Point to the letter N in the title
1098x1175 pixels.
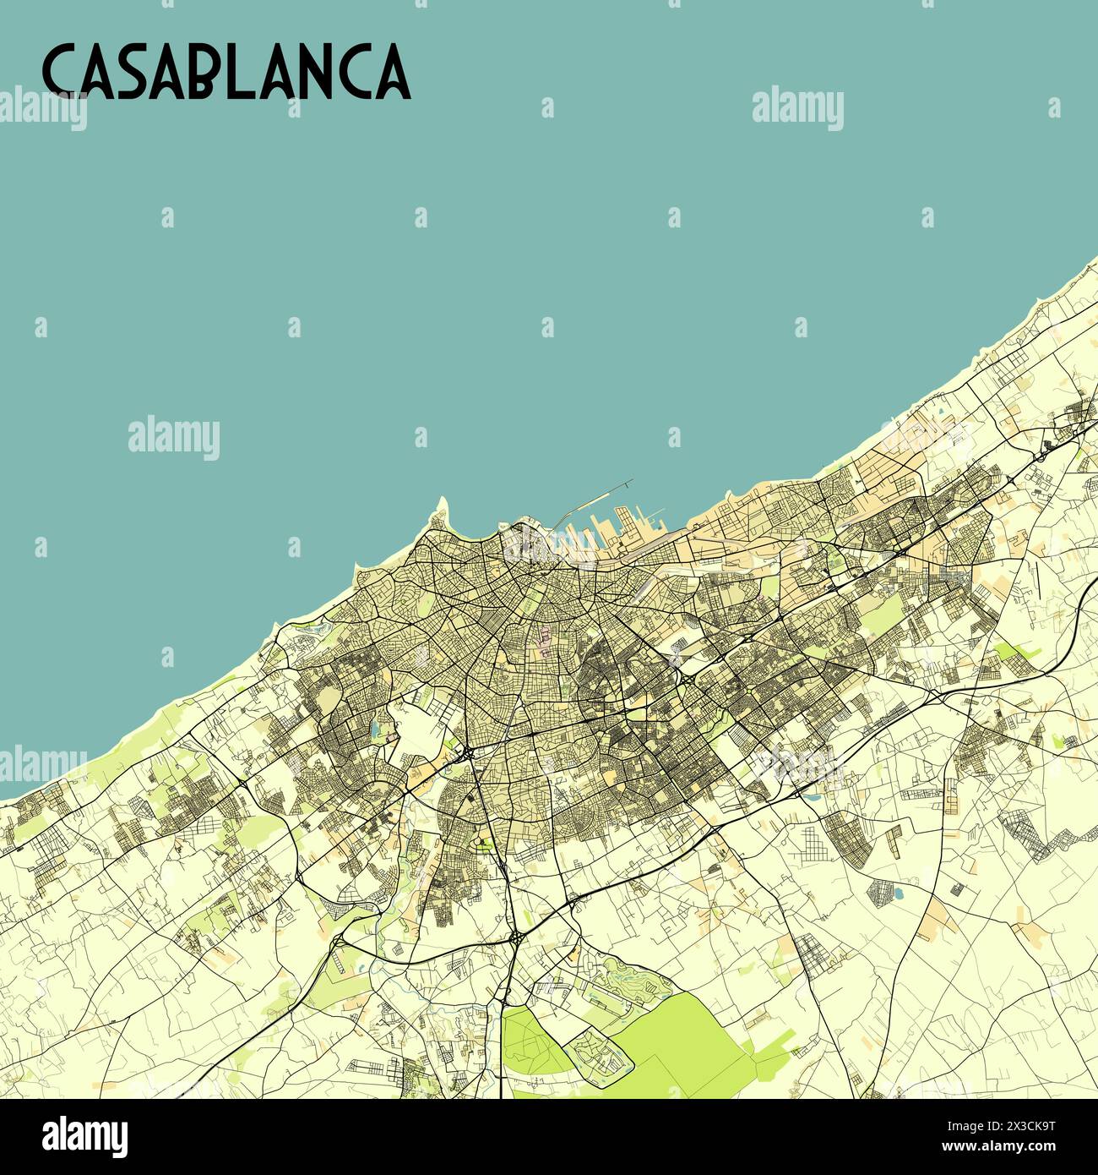pos(332,72)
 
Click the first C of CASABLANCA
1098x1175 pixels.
pos(60,72)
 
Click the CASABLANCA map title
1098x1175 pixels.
pos(226,72)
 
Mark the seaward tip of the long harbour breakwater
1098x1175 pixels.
pos(630,482)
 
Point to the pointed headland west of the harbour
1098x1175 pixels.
pos(442,508)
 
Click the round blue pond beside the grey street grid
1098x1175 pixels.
pos(897,890)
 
